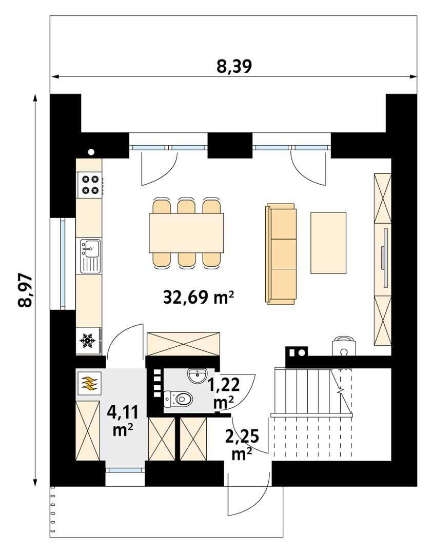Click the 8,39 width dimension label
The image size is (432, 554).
pyautogui.click(x=234, y=66)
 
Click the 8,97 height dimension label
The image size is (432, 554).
pyautogui.click(x=24, y=290)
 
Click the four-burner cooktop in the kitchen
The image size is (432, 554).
pyautogui.click(x=90, y=185)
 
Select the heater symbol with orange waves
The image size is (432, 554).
pyautogui.click(x=89, y=383)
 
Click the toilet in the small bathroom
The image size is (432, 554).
pyautogui.click(x=178, y=399)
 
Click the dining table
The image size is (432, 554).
pyautogui.click(x=186, y=233)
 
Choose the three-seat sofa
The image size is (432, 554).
pyautogui.click(x=281, y=254)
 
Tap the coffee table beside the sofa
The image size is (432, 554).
pyautogui.click(x=328, y=243)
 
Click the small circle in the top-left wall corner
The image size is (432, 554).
pyautogui.click(x=91, y=151)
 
